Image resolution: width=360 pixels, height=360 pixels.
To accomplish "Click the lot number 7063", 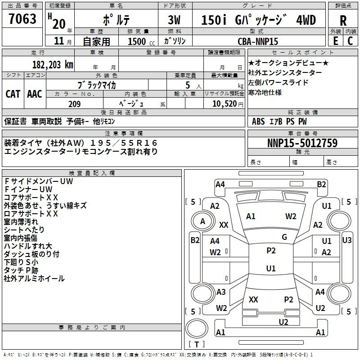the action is (x=22, y=18).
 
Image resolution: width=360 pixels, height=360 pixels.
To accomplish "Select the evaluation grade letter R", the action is (x=343, y=21).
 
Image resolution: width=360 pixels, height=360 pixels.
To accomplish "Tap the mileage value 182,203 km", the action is (x=53, y=64).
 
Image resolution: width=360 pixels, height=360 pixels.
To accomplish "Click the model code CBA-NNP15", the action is (x=258, y=41).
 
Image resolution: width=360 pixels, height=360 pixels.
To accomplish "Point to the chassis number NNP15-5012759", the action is (x=302, y=143).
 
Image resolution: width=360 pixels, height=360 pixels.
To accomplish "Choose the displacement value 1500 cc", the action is (x=141, y=41).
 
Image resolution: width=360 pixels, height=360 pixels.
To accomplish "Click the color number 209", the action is (x=74, y=104).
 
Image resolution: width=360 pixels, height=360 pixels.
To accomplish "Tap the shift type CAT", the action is (x=13, y=94).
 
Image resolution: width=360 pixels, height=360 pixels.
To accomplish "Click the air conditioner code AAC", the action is (x=35, y=94).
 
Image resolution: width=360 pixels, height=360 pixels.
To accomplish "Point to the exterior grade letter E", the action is (x=335, y=41).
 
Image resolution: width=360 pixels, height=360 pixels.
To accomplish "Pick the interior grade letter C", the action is (x=350, y=41).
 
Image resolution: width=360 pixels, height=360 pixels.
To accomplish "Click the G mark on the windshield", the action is (x=284, y=237).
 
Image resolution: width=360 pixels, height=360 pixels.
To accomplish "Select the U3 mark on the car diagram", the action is (x=346, y=240).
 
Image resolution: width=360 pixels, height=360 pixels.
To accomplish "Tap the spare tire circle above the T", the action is (x=197, y=328).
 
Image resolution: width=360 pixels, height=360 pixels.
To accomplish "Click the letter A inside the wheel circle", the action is (x=202, y=221).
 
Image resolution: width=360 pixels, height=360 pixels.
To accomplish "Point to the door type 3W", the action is (x=174, y=20).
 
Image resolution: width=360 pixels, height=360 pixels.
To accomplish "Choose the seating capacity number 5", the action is (x=188, y=85).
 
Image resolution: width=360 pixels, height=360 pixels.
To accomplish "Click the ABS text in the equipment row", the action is (x=258, y=121).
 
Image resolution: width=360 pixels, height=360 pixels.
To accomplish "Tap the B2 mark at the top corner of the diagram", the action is (x=321, y=184).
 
